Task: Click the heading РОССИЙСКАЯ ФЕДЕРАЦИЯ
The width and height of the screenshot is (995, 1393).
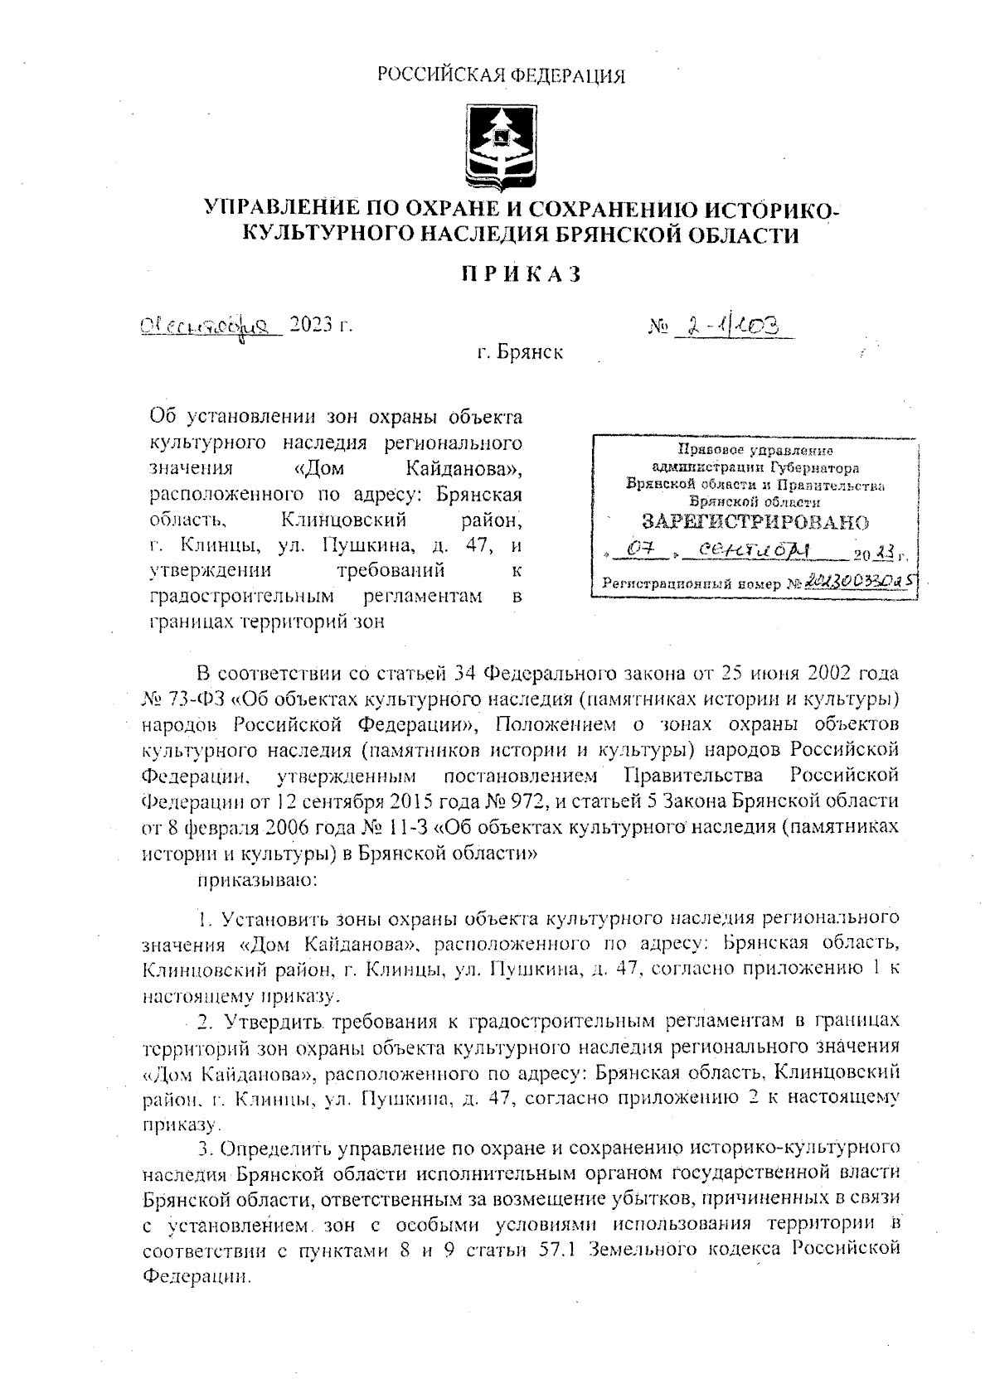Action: coord(501,76)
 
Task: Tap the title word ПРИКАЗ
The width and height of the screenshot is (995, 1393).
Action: coord(521,274)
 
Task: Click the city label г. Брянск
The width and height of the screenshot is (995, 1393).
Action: coord(520,352)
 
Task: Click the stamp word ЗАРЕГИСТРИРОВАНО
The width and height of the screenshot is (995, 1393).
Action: coord(755,521)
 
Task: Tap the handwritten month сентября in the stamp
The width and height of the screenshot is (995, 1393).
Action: coord(747,550)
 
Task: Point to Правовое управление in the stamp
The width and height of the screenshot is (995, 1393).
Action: coord(755,451)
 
